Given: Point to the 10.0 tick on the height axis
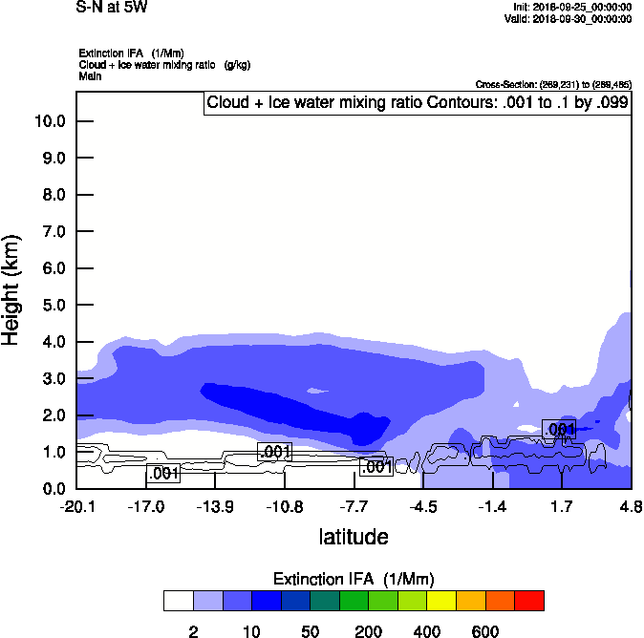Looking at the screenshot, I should pyautogui.click(x=49, y=121).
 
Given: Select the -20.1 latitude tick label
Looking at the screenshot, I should pyautogui.click(x=76, y=505).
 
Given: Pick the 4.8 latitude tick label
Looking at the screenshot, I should pyautogui.click(x=631, y=505).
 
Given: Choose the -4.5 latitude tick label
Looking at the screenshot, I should pyautogui.click(x=423, y=505).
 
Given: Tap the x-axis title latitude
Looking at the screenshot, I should pyautogui.click(x=354, y=537).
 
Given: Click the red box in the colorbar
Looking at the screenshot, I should pyautogui.click(x=529, y=601).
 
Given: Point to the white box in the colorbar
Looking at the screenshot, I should pyautogui.click(x=179, y=601).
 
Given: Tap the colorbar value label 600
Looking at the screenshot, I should pyautogui.click(x=485, y=631).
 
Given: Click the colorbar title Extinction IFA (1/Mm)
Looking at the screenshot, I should pyautogui.click(x=354, y=579).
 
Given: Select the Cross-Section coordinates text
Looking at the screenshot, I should pyautogui.click(x=553, y=85).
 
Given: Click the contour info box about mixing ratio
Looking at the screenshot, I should pyautogui.click(x=418, y=103).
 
